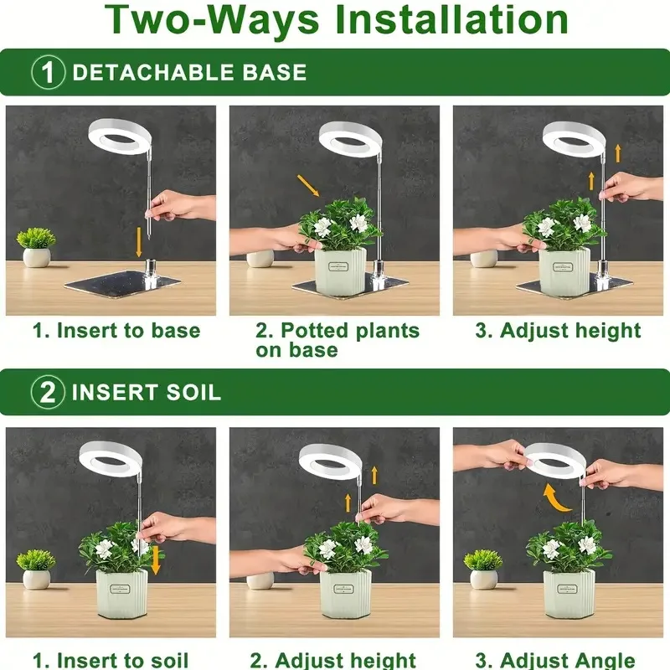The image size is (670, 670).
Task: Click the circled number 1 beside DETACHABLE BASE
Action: pyautogui.click(x=49, y=72)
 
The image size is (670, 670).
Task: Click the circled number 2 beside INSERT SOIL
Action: pyautogui.click(x=49, y=392)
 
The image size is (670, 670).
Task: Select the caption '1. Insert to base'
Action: pyautogui.click(x=116, y=330)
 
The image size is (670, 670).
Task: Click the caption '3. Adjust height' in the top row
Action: pyautogui.click(x=558, y=330)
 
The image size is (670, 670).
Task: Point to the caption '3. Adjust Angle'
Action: pyautogui.click(x=555, y=660)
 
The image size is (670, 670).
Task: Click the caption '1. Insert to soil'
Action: pyautogui.click(x=111, y=660)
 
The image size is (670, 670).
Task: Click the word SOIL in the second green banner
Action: pyautogui.click(x=192, y=392)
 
